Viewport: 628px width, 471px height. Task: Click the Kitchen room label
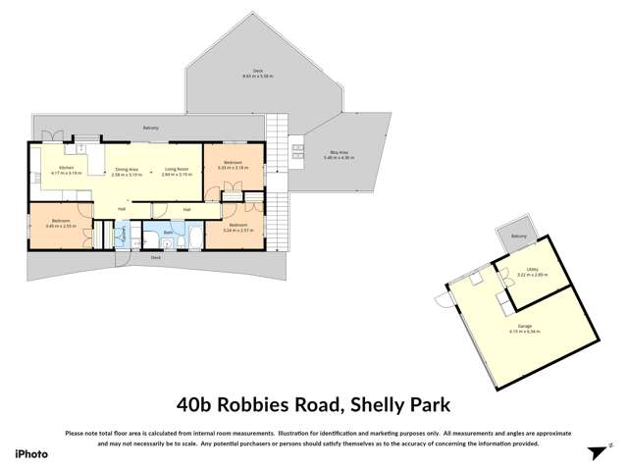[66, 169]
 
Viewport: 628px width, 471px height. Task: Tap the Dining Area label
[129, 169]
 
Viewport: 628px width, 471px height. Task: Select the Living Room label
[177, 169]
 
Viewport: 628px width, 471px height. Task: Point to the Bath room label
[168, 232]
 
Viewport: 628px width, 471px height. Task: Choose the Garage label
[526, 327]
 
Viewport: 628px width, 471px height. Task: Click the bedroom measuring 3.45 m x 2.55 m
[60, 223]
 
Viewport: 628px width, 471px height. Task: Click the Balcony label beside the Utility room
[520, 236]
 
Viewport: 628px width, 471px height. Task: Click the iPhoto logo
[31, 452]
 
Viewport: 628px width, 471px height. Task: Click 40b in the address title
[193, 402]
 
